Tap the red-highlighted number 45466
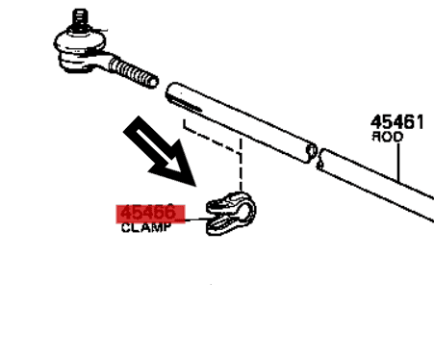pyautogui.click(x=147, y=212)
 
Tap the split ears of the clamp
pyautogui.click(x=219, y=215)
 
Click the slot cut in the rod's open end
pyautogui.click(x=185, y=98)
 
